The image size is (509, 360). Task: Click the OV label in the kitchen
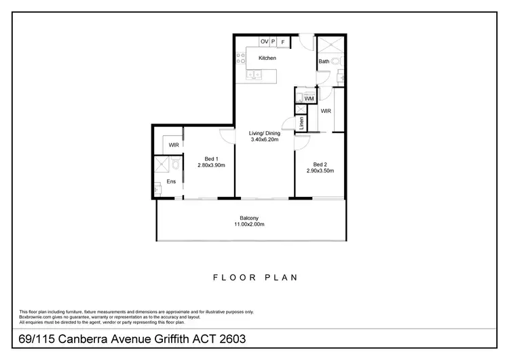pyautogui.click(x=264, y=42)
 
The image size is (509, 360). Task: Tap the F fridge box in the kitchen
pyautogui.click(x=282, y=42)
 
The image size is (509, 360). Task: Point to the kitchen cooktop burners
pyautogui.click(x=240, y=59)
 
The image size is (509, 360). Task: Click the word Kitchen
pyautogui.click(x=267, y=58)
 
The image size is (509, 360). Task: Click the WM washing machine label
pyautogui.click(x=309, y=99)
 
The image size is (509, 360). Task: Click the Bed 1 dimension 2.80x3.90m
pyautogui.click(x=210, y=165)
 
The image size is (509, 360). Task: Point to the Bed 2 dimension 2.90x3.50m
pyautogui.click(x=320, y=170)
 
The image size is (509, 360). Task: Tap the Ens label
pyautogui.click(x=171, y=183)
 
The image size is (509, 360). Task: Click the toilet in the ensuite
pyautogui.click(x=176, y=164)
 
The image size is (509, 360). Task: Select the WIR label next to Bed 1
pyautogui.click(x=174, y=145)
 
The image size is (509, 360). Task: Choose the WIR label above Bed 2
pyautogui.click(x=326, y=110)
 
